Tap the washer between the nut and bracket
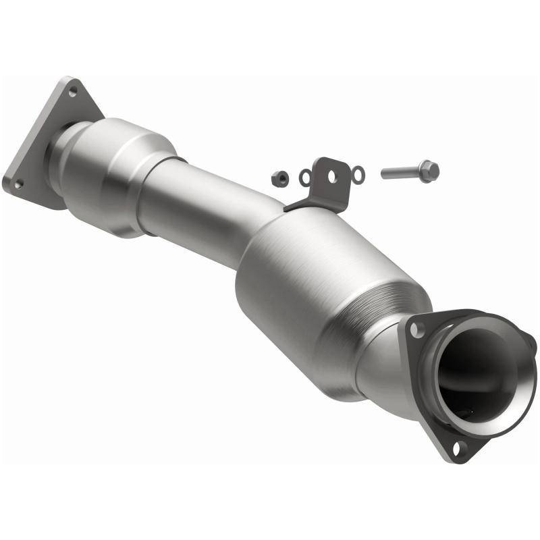pos(305,178)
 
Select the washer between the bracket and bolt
pos(358,175)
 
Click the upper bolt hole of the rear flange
pos(73,92)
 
